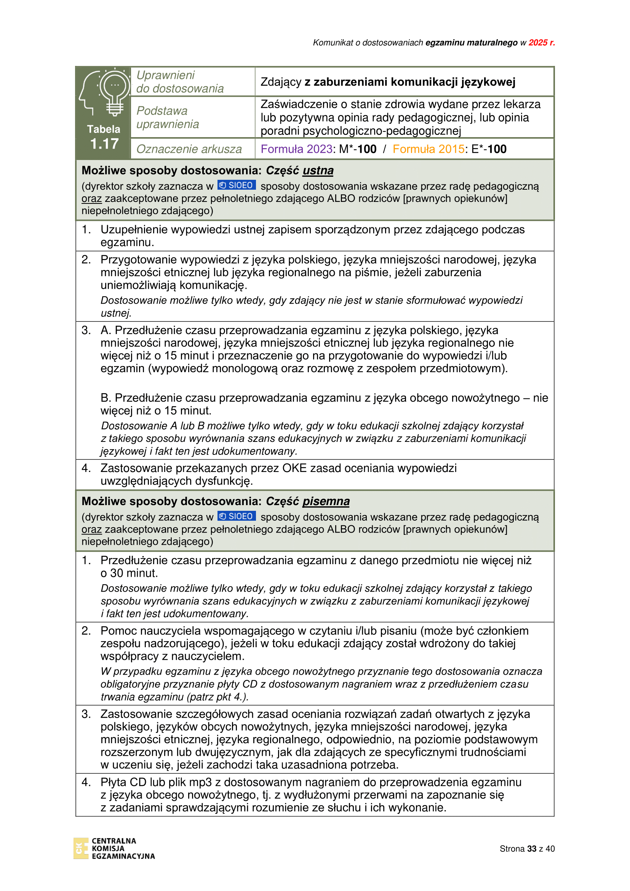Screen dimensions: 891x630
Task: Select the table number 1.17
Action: (x=104, y=144)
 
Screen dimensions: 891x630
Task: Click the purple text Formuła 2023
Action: (x=296, y=149)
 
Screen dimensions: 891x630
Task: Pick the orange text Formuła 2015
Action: (x=428, y=149)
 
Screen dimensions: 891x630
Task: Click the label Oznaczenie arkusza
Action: (x=189, y=149)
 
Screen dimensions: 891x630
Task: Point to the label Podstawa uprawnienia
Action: (x=168, y=117)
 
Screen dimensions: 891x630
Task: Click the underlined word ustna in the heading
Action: (x=318, y=170)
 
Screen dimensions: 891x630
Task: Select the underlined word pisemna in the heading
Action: (x=326, y=501)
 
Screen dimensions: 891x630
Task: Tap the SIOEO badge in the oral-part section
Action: (x=236, y=185)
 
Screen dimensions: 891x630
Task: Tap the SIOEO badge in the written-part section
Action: (x=236, y=516)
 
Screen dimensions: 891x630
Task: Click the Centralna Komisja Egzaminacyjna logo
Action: (x=114, y=848)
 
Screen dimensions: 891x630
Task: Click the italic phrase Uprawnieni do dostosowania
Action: (x=180, y=82)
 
